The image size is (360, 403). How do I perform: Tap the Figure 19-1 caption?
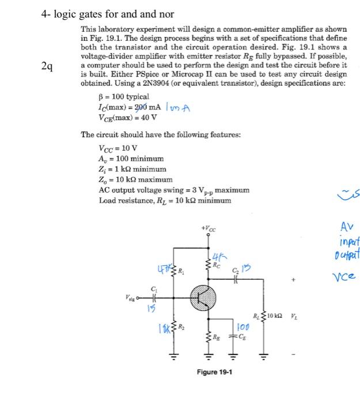tap(214, 371)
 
